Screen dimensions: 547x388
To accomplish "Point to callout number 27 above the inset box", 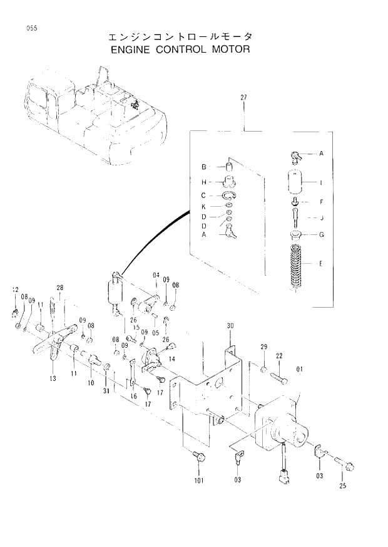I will (243, 97).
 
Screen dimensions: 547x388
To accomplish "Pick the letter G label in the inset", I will (321, 235).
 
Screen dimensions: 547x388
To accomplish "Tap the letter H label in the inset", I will (204, 182).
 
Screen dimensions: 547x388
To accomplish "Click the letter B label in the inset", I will (204, 167).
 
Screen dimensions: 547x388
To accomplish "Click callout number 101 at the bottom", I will (198, 482).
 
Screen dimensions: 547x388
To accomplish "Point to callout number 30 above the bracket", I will (230, 326).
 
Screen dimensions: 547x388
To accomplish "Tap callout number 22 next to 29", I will (279, 356).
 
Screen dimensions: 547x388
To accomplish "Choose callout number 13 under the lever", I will (51, 378).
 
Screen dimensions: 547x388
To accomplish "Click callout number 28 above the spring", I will (59, 288).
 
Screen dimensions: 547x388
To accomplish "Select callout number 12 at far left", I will (15, 289).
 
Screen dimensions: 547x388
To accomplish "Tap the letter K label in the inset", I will (204, 206).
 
